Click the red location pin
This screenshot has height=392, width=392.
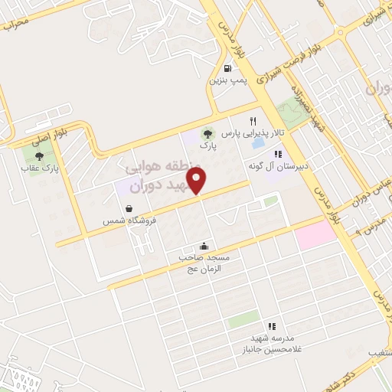[198, 181]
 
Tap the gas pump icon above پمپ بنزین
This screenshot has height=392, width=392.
[228, 67]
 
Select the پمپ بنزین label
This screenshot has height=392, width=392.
[228, 80]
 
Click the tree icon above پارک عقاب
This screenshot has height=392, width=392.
[39, 155]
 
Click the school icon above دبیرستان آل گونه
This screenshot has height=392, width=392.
[267, 154]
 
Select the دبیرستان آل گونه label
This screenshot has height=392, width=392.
[266, 165]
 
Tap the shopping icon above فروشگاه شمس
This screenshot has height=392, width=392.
[129, 208]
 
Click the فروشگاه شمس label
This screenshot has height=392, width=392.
[129, 220]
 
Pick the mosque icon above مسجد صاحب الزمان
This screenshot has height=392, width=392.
[204, 246]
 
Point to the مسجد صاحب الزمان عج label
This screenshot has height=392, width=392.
[204, 263]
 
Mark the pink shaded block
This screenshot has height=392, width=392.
[316, 234]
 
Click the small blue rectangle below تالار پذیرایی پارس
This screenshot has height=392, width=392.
[259, 143]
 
